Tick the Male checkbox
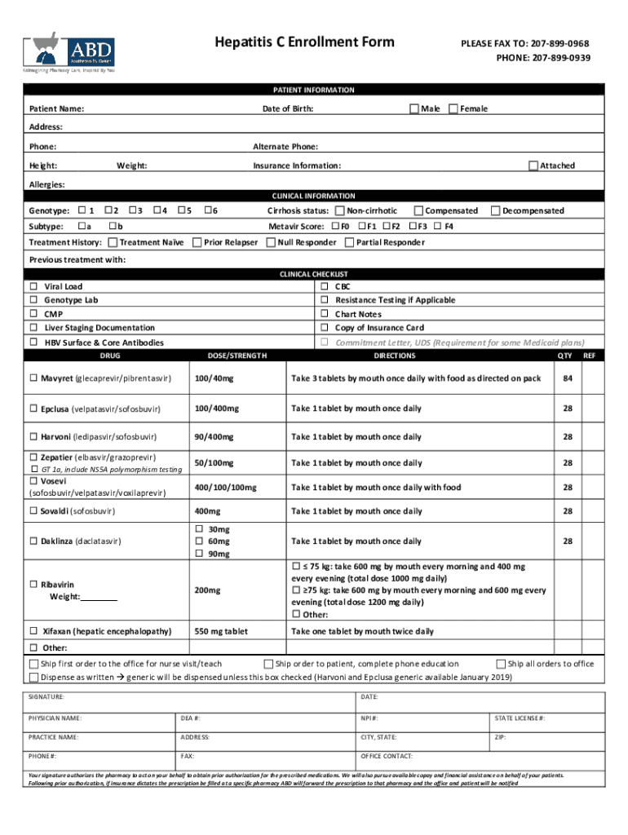[414, 108]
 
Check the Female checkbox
[453, 108]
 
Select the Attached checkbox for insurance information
[533, 166]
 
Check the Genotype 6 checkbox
[206, 210]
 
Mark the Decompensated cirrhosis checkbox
[494, 210]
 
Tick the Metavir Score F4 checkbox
[438, 226]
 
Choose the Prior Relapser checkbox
[197, 242]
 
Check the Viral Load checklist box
[34, 287]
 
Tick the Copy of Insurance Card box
[325, 328]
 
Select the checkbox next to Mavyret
[34, 378]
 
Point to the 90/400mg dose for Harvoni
[214, 437]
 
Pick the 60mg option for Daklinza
[198, 541]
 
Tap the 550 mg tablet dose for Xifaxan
[221, 631]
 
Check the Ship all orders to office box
[501, 664]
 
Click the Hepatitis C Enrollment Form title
[304, 42]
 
